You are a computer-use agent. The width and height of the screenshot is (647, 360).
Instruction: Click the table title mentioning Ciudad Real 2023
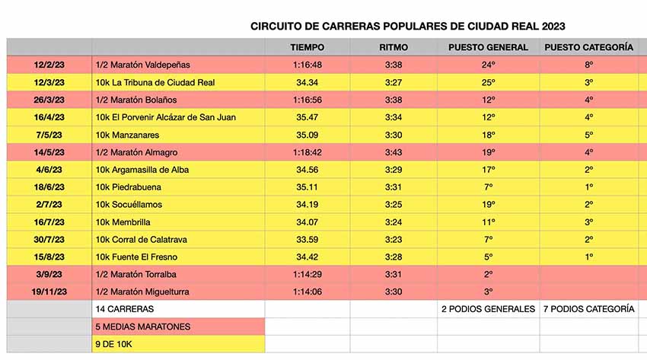click(407, 26)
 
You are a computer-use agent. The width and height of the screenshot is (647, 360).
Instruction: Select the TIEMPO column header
click(308, 47)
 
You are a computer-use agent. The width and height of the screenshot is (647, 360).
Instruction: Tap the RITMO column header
click(394, 47)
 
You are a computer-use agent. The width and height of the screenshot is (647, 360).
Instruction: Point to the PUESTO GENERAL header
click(488, 47)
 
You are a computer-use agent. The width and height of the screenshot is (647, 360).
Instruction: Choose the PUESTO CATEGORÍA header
click(588, 47)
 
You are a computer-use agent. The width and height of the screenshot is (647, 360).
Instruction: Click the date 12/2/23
click(49, 65)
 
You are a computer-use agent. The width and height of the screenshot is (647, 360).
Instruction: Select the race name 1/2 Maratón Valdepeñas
click(143, 65)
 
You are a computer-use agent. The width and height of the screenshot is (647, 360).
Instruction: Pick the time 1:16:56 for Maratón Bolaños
click(308, 100)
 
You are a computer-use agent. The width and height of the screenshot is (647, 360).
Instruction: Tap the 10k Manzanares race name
click(130, 135)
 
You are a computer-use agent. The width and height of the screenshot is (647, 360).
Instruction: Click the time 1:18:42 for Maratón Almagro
click(308, 152)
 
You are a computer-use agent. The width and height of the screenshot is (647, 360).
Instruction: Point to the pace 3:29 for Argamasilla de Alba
click(394, 170)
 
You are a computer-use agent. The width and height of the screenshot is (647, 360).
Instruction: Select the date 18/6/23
click(49, 187)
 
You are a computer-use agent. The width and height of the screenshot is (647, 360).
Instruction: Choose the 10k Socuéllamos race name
click(129, 205)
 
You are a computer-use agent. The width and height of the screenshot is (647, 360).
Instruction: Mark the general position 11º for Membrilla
click(488, 222)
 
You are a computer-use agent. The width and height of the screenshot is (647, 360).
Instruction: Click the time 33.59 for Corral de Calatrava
click(308, 240)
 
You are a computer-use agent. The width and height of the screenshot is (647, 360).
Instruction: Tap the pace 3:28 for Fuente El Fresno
click(394, 257)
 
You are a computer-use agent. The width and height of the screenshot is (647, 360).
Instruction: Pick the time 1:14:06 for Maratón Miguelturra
click(308, 292)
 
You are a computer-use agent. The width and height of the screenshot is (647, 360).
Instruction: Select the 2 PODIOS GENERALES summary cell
click(488, 309)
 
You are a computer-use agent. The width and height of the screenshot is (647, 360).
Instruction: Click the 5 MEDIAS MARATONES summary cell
click(143, 327)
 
